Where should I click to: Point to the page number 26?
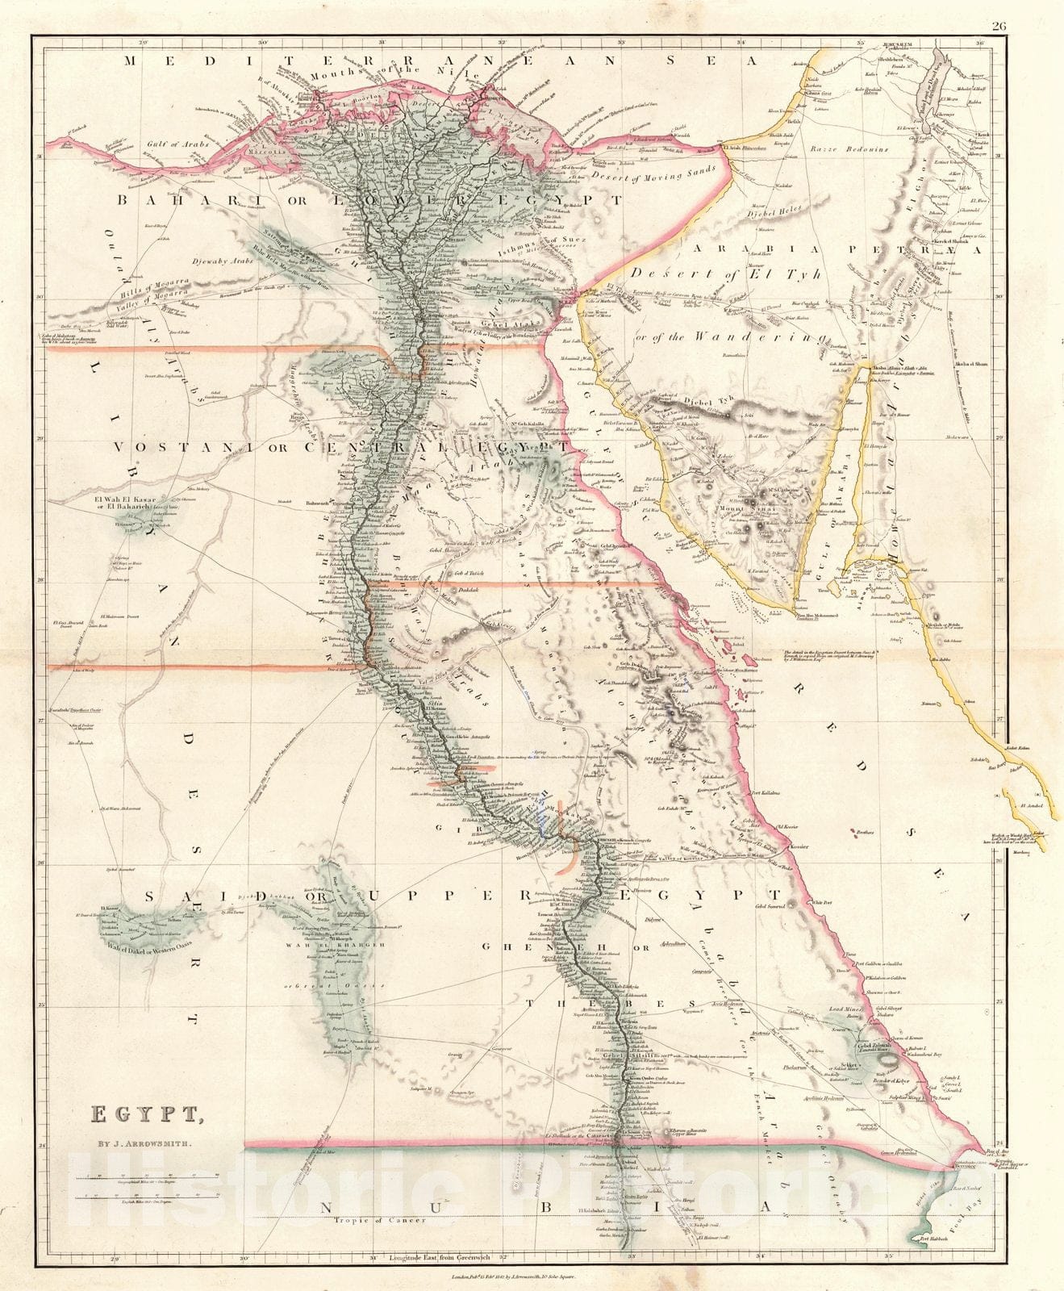coord(999,26)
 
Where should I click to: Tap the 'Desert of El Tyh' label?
coord(726,275)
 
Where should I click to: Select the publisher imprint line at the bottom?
coord(532,1277)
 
